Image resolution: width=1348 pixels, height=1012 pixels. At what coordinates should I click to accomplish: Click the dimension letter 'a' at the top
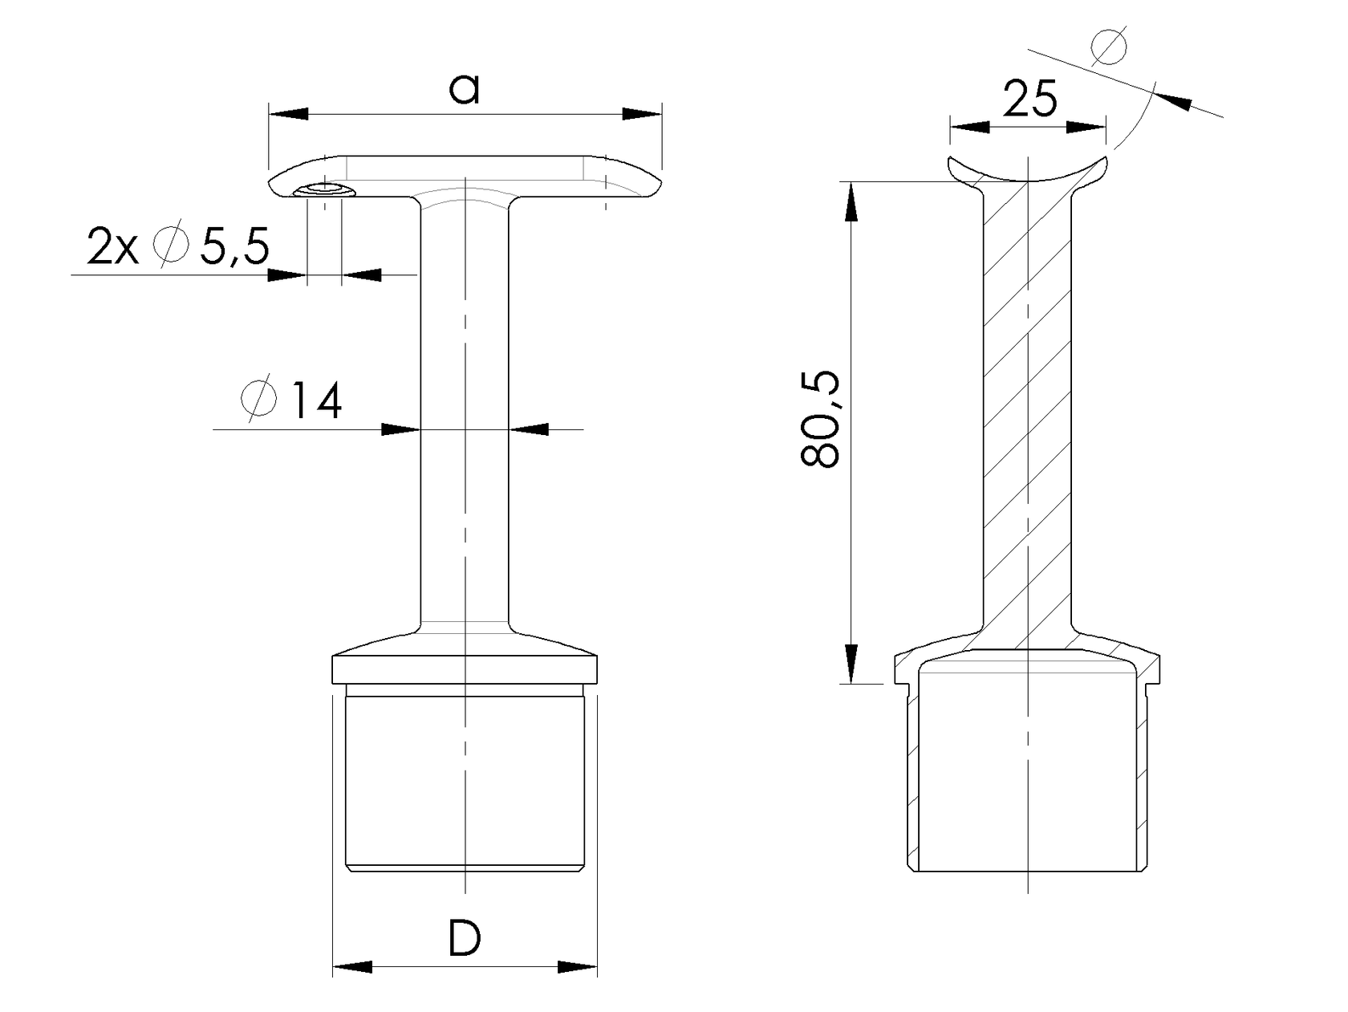(x=464, y=89)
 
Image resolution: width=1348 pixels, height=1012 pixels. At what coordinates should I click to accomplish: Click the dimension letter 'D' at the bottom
(x=464, y=938)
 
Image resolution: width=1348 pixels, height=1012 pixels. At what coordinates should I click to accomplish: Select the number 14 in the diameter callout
(x=316, y=400)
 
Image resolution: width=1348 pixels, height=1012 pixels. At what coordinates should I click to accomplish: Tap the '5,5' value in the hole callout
(x=233, y=247)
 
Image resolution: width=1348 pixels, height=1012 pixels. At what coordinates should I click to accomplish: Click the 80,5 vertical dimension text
(x=820, y=421)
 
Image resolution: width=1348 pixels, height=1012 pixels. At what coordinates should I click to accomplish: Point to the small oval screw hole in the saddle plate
(x=325, y=190)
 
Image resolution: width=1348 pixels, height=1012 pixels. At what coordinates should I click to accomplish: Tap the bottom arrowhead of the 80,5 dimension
(x=851, y=663)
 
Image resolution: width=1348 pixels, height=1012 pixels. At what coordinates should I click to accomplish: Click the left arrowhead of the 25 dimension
(x=969, y=126)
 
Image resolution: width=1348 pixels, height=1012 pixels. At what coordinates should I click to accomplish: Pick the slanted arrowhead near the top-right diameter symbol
(x=1173, y=100)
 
